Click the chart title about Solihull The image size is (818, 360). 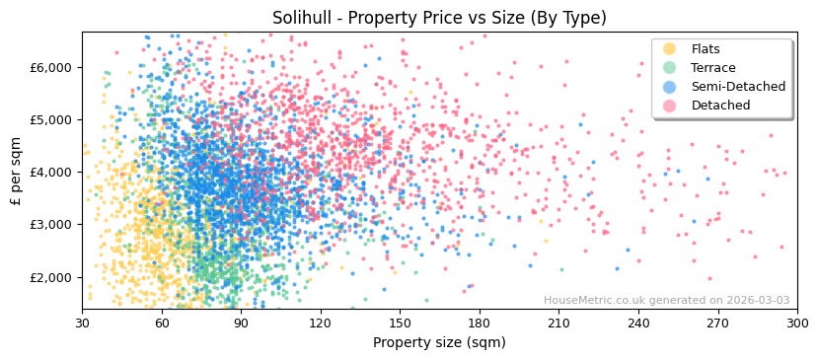tap(439, 18)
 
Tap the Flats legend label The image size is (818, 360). tap(706, 49)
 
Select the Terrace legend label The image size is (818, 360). tap(712, 68)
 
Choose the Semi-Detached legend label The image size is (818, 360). tap(738, 87)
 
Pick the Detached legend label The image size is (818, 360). tap(720, 106)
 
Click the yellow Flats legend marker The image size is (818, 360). tap(670, 49)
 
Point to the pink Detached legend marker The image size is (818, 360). tap(670, 106)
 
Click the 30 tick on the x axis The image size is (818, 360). tap(82, 323)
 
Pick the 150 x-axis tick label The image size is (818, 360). tap(400, 323)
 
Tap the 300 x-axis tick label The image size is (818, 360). tap(796, 323)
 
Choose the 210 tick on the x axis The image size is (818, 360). tap(558, 323)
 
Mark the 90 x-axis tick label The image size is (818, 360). tap(241, 323)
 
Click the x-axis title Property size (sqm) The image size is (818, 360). tap(439, 342)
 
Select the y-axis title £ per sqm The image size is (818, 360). tap(16, 171)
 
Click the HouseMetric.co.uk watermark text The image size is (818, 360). tap(666, 301)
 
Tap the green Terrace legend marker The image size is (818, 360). tap(670, 68)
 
